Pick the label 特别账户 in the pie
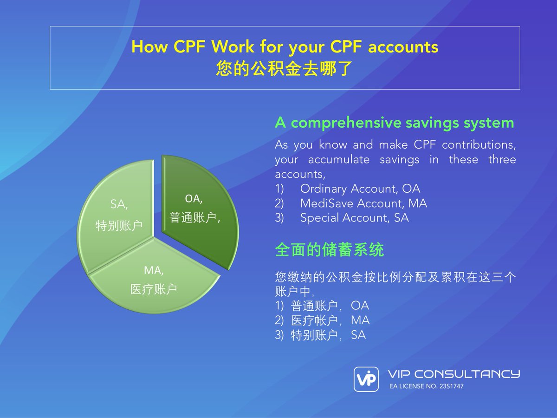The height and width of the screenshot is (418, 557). tap(118, 226)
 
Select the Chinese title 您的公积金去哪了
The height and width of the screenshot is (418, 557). tap(285, 69)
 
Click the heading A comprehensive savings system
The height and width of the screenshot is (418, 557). tap(394, 123)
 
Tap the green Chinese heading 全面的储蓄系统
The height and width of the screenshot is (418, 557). tap(329, 251)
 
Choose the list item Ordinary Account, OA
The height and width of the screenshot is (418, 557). tap(360, 189)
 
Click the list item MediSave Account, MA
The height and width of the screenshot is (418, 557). tap(363, 203)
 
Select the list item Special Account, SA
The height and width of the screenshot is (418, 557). tap(354, 217)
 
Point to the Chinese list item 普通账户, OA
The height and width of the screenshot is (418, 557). tap(330, 306)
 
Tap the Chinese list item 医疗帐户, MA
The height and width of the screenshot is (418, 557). tap(330, 320)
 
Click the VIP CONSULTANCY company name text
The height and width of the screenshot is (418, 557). tap(453, 374)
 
